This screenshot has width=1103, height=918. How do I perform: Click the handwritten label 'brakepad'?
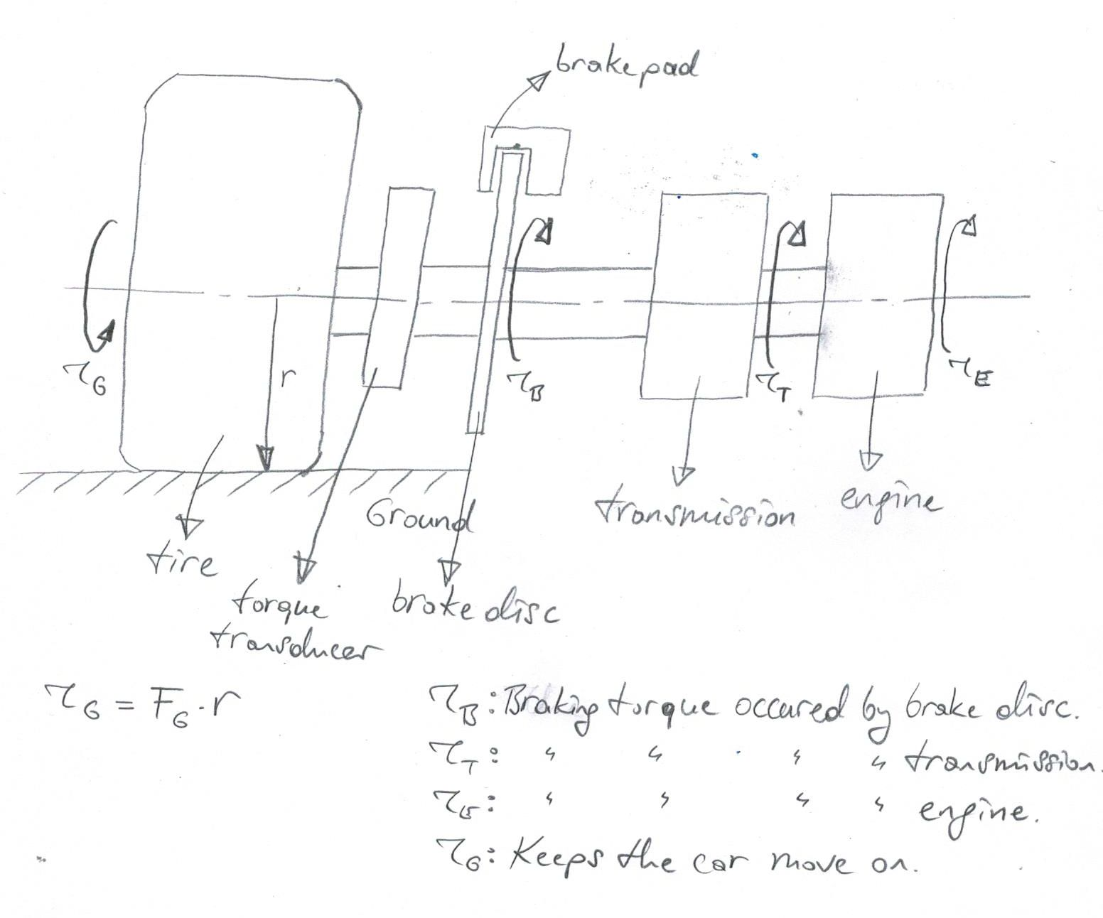626,68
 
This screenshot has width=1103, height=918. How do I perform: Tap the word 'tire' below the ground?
181,563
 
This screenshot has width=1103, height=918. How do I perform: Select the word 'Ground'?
419,517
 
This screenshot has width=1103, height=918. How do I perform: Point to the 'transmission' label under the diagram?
695,512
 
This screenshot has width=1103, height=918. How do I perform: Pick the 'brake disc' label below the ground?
475,607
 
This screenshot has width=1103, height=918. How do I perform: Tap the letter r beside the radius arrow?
286,379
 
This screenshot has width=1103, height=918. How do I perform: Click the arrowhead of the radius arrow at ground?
265,458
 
